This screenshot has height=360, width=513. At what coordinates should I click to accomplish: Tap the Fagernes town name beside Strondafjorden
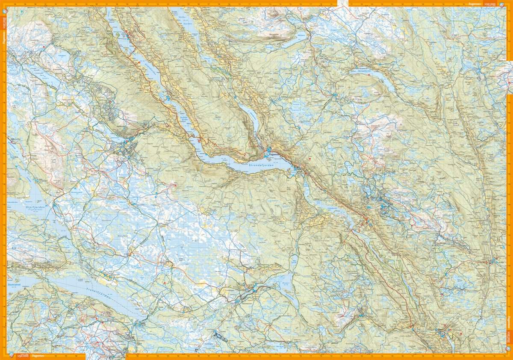pyautogui.click(x=272, y=152)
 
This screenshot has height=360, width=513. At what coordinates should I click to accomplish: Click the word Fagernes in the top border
pyautogui.click(x=474, y=4)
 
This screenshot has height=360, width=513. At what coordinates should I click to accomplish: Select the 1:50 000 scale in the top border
pyautogui.click(x=490, y=4)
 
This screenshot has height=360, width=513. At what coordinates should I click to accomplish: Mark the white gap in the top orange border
pyautogui.click(x=343, y=3)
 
